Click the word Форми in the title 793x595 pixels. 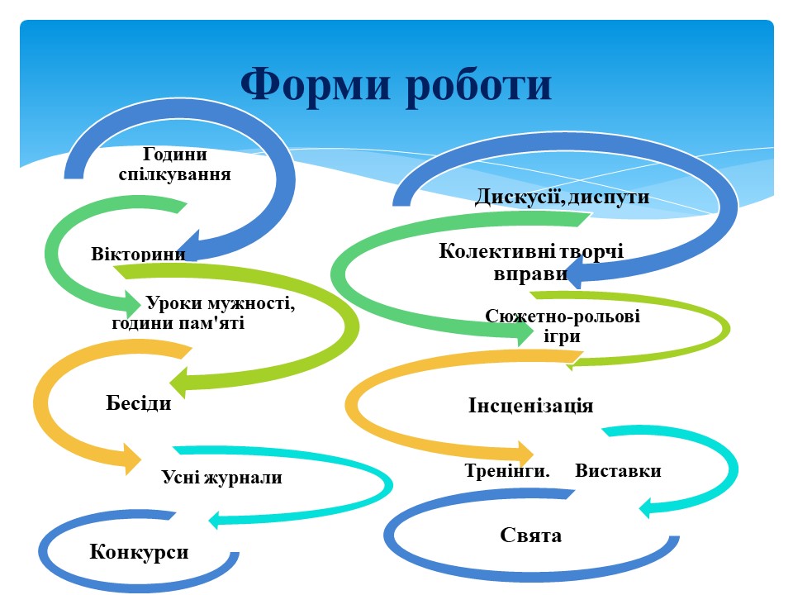[x=316, y=84]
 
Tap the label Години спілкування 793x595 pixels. [x=175, y=164]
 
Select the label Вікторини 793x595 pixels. [x=138, y=253]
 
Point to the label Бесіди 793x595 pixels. [x=139, y=402]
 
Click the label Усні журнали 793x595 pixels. [x=222, y=477]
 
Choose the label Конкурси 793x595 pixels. [x=139, y=551]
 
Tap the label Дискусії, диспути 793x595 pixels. [x=562, y=197]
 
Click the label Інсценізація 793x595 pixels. [x=530, y=405]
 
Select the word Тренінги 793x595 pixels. [x=506, y=470]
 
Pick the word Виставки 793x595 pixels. [x=618, y=470]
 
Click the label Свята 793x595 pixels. [x=530, y=535]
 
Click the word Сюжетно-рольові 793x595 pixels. [x=563, y=317]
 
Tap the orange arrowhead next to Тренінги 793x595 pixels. [x=525, y=452]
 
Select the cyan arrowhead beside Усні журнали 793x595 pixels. [x=217, y=520]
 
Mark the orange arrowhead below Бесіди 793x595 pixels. [x=132, y=459]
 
